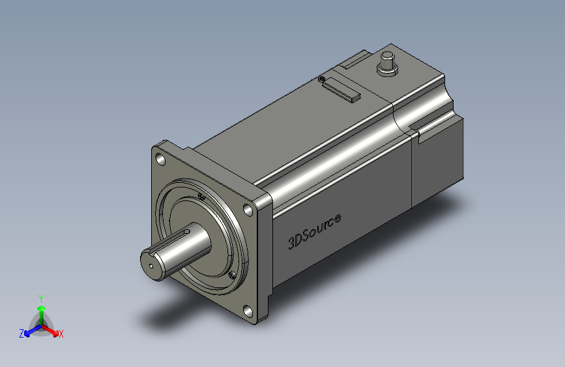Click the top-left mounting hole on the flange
pyautogui.click(x=160, y=158)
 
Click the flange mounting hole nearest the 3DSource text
pyautogui.click(x=248, y=210)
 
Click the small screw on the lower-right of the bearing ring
pyautogui.click(x=231, y=275)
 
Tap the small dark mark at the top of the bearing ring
pyautogui.click(x=201, y=197)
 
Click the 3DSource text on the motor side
pyautogui.click(x=315, y=231)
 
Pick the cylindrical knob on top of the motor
pyautogui.click(x=388, y=63)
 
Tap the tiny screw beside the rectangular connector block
pyautogui.click(x=322, y=80)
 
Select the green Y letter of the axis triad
pyautogui.click(x=40, y=298)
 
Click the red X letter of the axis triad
pyautogui.click(x=61, y=334)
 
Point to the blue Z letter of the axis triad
pyautogui.click(x=22, y=334)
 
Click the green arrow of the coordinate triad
pyautogui.click(x=41, y=310)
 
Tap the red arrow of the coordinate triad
pyautogui.click(x=52, y=329)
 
